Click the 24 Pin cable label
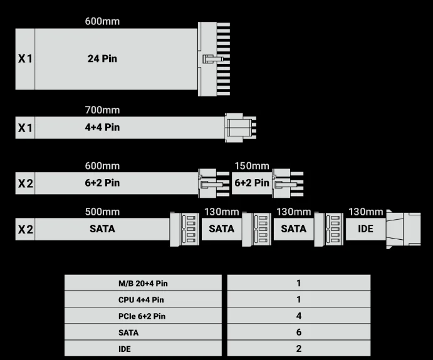(102, 59)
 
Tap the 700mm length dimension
(102, 110)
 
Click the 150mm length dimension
(252, 166)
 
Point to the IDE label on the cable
(365, 229)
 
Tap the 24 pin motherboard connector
(214, 59)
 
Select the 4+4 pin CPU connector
(240, 127)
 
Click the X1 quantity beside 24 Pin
(25, 59)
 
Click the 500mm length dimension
(102, 212)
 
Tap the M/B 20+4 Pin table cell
(143, 283)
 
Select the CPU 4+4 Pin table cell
(143, 300)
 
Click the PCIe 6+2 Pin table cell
(143, 316)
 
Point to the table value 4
(298, 316)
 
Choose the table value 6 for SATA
(298, 332)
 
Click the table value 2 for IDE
(298, 349)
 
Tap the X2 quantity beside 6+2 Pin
(25, 183)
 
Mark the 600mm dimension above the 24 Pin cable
(102, 21)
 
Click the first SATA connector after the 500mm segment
(184, 229)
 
